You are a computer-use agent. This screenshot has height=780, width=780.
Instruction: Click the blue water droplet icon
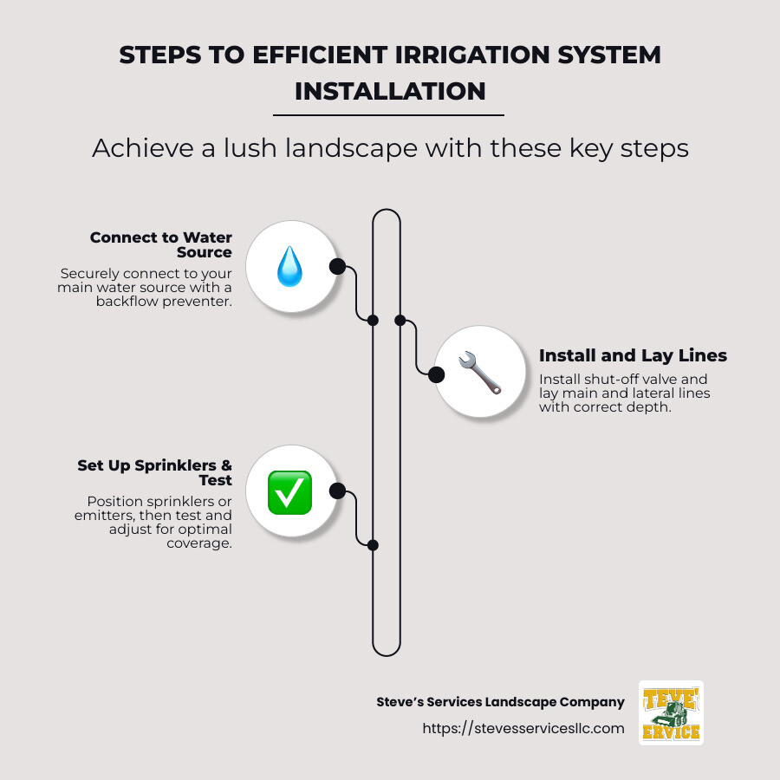point(289,267)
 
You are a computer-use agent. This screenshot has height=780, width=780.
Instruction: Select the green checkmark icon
point(289,492)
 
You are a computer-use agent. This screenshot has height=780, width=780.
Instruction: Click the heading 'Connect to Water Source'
point(160,244)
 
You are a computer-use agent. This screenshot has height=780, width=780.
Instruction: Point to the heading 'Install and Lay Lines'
point(633,355)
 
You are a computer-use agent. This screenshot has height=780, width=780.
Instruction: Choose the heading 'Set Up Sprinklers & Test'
point(155,472)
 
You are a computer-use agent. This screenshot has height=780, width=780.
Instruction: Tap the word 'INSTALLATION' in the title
point(390,90)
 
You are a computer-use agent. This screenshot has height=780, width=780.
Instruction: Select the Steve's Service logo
point(670,712)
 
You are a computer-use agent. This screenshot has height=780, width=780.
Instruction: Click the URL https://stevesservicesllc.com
point(523,728)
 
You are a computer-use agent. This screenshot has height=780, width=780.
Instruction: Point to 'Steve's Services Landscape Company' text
point(500,702)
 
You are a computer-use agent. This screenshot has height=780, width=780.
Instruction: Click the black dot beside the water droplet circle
point(337,266)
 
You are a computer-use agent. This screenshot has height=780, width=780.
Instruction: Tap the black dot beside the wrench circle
point(437,374)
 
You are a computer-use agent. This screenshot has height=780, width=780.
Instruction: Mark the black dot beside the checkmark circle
point(337,491)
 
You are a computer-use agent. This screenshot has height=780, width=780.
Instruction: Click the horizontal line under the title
point(388,114)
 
